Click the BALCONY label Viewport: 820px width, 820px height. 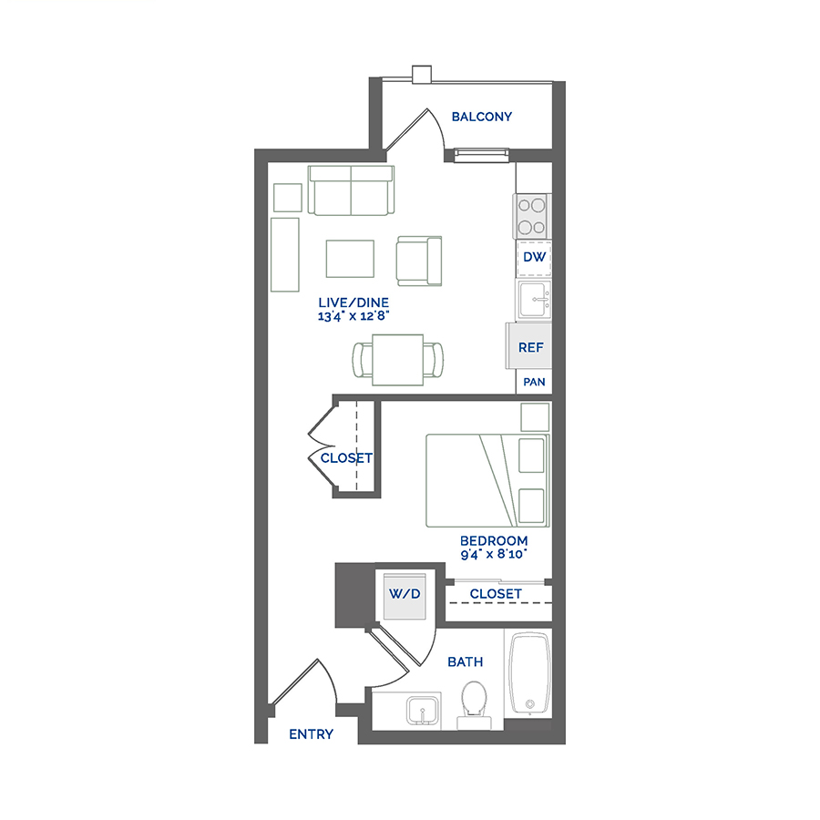(x=482, y=117)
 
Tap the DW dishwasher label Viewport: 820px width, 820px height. (x=535, y=258)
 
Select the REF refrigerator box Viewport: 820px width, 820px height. (x=530, y=346)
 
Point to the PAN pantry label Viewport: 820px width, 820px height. (x=535, y=382)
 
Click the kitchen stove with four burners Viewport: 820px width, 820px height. (x=533, y=216)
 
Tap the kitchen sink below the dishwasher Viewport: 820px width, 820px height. (x=534, y=299)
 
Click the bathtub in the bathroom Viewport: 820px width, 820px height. (x=528, y=674)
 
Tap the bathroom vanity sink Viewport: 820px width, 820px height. (x=421, y=710)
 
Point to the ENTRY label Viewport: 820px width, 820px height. (x=311, y=734)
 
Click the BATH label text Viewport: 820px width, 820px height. (x=465, y=662)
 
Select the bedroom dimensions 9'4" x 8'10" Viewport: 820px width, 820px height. (x=494, y=553)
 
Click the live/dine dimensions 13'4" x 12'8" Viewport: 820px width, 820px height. (x=355, y=316)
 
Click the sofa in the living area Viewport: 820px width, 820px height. (x=351, y=191)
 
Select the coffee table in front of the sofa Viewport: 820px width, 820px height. (x=350, y=258)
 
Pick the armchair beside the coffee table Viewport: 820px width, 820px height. (x=419, y=260)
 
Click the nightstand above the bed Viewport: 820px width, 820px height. (x=535, y=416)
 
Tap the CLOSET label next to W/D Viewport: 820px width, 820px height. (x=496, y=594)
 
